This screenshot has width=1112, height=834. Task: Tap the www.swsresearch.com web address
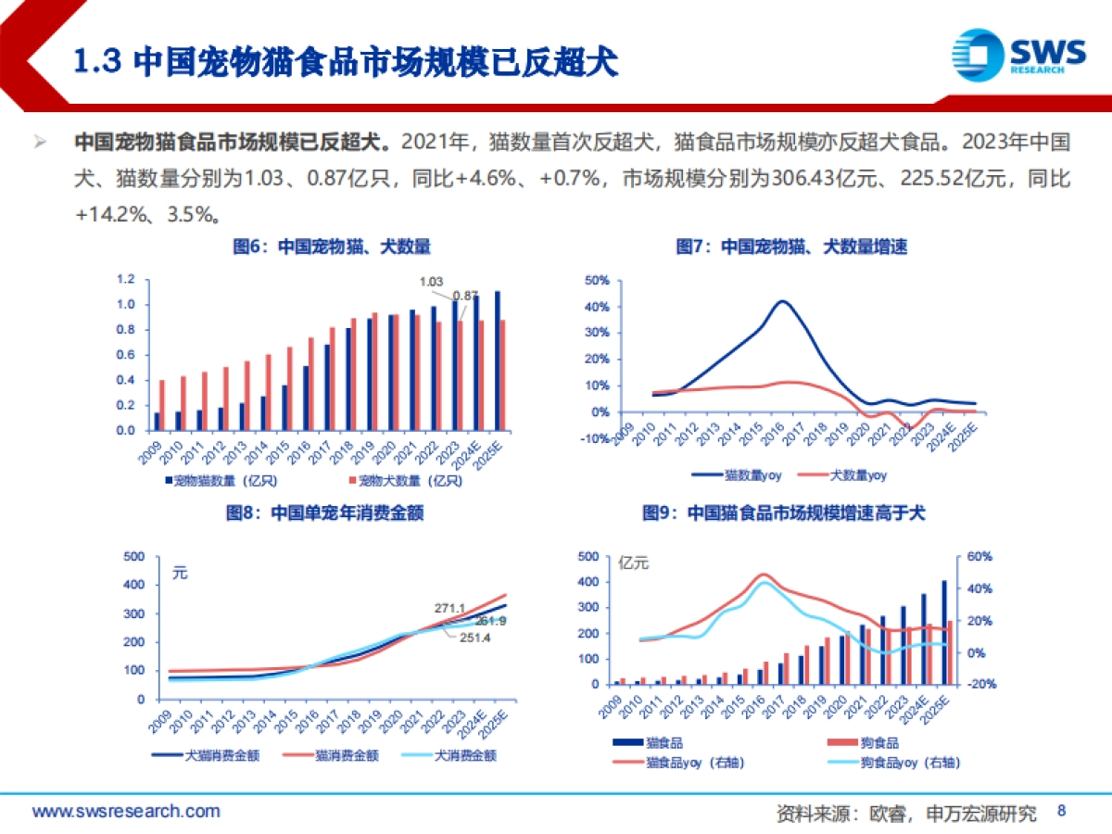tap(127, 812)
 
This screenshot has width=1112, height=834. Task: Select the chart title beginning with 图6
tap(332, 247)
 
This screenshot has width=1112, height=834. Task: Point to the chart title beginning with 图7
tap(790, 247)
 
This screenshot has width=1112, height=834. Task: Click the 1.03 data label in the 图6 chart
tap(432, 282)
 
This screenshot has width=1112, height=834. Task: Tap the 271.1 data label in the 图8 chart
tap(449, 608)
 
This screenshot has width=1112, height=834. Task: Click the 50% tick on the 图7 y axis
tap(597, 280)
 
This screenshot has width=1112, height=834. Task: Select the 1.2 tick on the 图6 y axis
tap(126, 280)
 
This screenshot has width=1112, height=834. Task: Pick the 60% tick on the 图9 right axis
tap(980, 557)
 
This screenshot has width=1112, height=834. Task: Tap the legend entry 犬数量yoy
tap(856, 475)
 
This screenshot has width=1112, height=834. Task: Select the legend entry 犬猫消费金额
tap(221, 755)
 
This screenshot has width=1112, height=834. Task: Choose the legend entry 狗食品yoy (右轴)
tap(892, 763)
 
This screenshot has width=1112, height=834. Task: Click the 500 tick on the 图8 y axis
tap(134, 557)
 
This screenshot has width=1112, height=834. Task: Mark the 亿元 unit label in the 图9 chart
tap(634, 562)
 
